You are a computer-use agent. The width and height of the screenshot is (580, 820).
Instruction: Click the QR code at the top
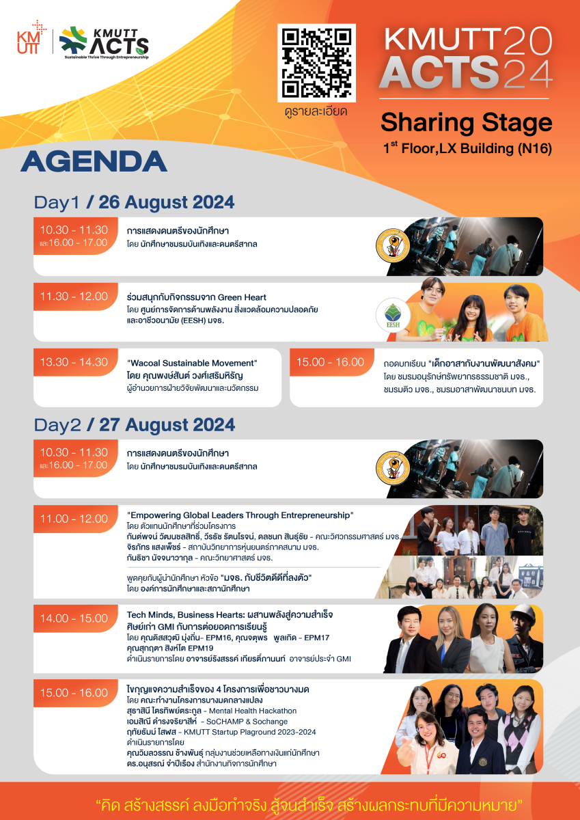pos(316,63)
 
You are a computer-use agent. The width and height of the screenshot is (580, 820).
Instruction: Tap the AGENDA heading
pos(94,161)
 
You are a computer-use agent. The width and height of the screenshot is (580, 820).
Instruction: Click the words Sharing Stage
pos(466,122)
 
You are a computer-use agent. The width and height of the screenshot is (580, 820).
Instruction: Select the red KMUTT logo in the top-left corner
pos(31,38)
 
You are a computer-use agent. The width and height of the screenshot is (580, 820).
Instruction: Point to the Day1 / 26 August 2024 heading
pos(135,202)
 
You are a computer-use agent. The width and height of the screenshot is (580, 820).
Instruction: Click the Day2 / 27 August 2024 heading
pos(135,425)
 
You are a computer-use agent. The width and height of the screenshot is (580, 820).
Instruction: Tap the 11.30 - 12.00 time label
pos(74,296)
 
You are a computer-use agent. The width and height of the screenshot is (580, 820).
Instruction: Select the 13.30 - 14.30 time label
pos(74,362)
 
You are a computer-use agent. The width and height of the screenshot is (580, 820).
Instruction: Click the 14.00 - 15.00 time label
pos(74,618)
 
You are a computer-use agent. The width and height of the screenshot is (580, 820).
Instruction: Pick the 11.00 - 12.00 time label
pos(74,519)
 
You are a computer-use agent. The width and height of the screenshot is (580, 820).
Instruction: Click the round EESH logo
pos(393,315)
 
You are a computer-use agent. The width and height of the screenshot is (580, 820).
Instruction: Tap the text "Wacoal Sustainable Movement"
pos(192,363)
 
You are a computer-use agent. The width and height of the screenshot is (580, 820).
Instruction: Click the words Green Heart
pos(247,297)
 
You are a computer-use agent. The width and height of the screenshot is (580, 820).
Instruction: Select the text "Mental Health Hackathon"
pos(253,711)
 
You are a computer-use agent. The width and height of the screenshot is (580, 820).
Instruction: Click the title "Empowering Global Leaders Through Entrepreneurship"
pos(240,515)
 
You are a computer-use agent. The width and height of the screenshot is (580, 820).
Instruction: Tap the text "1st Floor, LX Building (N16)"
pos(467,148)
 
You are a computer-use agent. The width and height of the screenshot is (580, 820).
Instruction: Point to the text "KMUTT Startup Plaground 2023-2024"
pos(249,732)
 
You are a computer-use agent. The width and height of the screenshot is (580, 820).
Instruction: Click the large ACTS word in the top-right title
pos(440,72)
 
